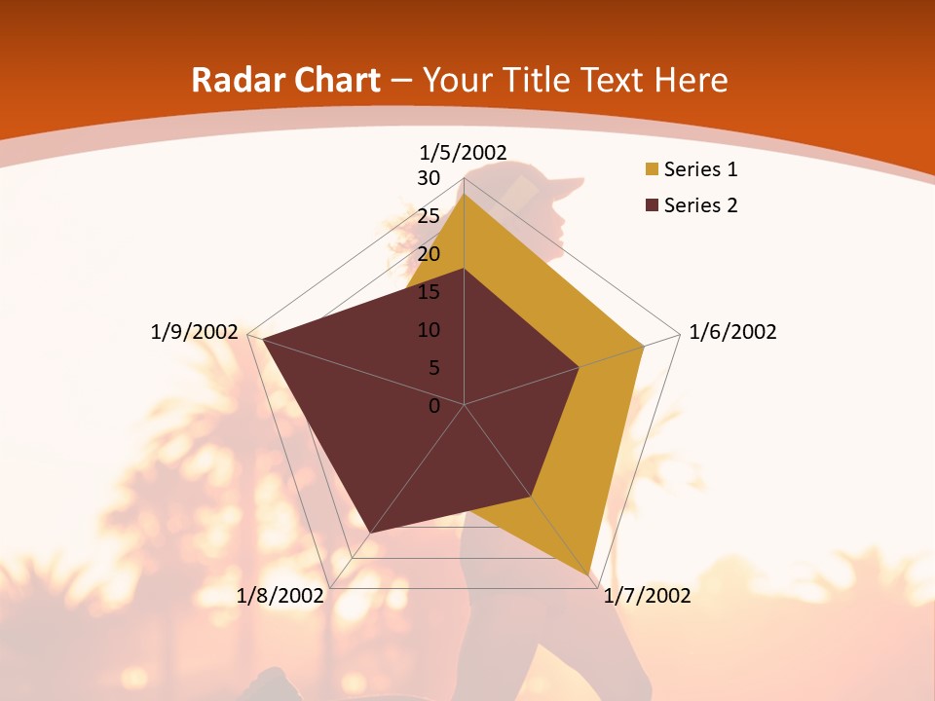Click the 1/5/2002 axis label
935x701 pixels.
tap(463, 152)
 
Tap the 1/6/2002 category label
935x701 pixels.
tap(732, 332)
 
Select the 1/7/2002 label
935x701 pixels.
tap(647, 596)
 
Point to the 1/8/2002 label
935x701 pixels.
tap(280, 596)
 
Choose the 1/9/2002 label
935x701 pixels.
tap(194, 332)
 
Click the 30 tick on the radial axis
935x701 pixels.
tap(429, 178)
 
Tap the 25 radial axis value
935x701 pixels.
tap(429, 216)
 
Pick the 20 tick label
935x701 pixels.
tap(429, 254)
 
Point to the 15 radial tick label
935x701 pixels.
tap(429, 292)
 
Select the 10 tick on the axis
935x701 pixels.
tap(429, 330)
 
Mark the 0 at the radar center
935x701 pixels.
tap(434, 406)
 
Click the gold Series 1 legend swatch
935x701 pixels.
tap(652, 169)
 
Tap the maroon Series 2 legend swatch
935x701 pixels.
tap(652, 205)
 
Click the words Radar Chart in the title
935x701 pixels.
tap(285, 80)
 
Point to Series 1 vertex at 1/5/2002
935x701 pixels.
tap(464, 194)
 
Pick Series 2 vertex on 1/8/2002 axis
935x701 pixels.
tap(370, 533)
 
